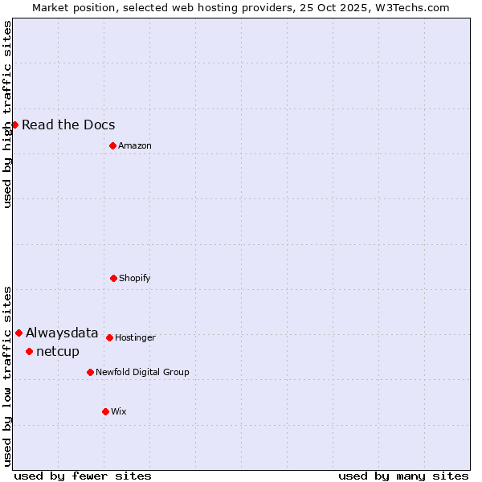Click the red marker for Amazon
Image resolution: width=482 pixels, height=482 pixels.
pos(112,145)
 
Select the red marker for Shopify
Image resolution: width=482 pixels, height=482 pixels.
pos(113,278)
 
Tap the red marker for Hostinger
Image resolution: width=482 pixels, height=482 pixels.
pos(109,337)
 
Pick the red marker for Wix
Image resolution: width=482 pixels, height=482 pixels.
pos(105,411)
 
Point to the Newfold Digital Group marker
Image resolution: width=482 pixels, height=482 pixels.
pos(90,372)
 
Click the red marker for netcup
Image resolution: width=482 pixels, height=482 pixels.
pos(29,351)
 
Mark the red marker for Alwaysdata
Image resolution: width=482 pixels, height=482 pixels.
pos(18,333)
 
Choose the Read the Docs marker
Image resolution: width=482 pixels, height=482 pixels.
pos(14,125)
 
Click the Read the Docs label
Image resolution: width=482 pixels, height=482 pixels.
pos(68,125)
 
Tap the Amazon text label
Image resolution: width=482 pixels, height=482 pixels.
pos(135,145)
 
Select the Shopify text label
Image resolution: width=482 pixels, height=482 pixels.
pos(135,278)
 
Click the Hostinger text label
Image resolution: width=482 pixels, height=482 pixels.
pos(135,337)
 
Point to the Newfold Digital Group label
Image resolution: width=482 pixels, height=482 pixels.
pos(142,372)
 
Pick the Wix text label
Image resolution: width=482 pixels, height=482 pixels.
pos(119,411)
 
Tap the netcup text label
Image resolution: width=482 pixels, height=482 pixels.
pos(58,351)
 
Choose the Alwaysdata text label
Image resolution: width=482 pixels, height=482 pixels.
pos(62,333)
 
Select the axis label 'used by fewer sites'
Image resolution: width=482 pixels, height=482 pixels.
pos(83,476)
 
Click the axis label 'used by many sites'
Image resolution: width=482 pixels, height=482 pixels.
pos(403,476)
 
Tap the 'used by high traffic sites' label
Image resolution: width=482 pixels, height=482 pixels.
pos(7,114)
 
